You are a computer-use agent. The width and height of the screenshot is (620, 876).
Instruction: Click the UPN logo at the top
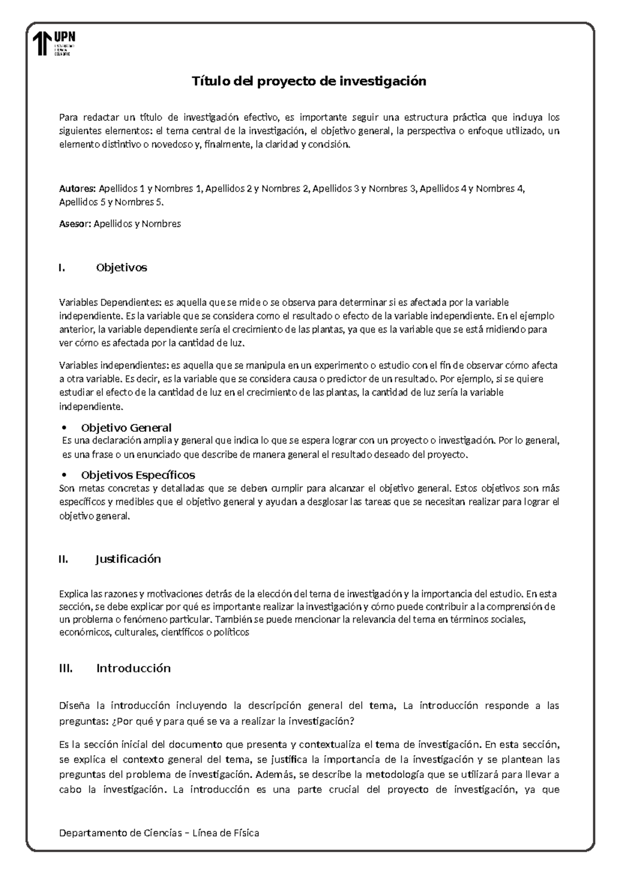tap(54, 43)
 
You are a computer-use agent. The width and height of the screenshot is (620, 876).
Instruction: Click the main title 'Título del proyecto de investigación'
tap(309, 81)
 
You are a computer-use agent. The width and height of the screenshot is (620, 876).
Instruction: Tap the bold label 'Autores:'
tap(78, 189)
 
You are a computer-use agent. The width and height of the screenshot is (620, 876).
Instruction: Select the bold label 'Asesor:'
tap(75, 224)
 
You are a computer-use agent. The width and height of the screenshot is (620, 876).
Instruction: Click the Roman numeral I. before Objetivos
tap(63, 268)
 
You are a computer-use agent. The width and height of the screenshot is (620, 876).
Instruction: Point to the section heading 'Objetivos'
tap(121, 268)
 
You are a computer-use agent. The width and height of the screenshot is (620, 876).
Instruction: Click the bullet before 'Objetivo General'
tap(65, 428)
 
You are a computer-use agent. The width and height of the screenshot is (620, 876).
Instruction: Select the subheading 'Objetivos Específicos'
tap(138, 475)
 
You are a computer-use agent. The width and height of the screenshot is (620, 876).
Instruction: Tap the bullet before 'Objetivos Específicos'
tap(65, 475)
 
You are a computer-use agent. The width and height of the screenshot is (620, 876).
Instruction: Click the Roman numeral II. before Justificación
tap(64, 559)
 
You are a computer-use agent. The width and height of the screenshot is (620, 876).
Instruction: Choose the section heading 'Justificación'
tap(129, 559)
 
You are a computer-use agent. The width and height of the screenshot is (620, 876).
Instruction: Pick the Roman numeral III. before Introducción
tap(66, 668)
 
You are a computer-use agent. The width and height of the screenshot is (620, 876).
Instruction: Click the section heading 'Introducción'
tap(133, 668)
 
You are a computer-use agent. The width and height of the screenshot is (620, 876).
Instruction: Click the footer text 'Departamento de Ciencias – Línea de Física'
tap(159, 833)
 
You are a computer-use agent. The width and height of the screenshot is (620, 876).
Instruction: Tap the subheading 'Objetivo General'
tap(126, 428)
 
